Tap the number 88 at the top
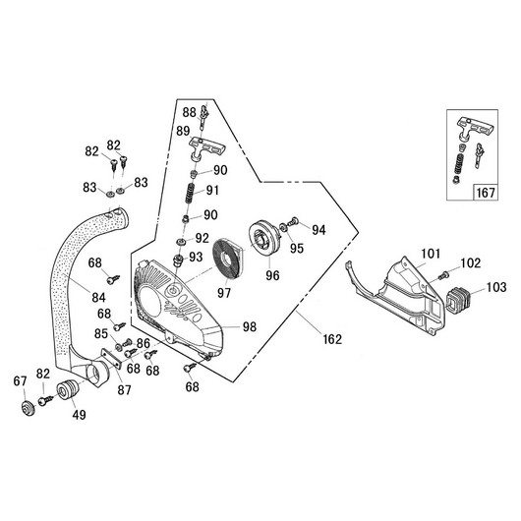[x=187, y=113]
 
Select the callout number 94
[x=318, y=229]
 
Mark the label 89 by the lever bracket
[x=184, y=131]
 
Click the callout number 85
[x=100, y=334]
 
